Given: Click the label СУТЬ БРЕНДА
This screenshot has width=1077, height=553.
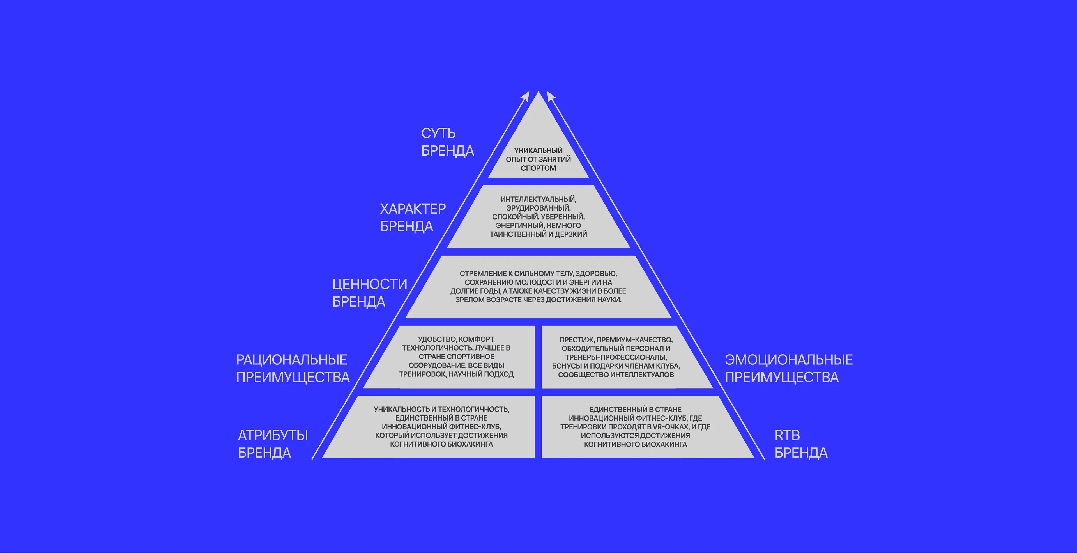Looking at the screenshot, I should [x=447, y=142].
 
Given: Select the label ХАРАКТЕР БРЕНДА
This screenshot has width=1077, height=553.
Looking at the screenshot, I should [x=413, y=217].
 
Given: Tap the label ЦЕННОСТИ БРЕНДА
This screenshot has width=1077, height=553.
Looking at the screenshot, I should [x=369, y=293].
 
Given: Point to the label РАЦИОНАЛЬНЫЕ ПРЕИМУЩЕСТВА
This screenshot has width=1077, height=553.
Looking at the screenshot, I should [x=292, y=368].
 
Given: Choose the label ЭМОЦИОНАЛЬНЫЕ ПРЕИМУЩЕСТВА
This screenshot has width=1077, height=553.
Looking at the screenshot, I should [x=788, y=368].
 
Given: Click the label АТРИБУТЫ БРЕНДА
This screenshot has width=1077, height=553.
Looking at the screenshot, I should [x=273, y=444].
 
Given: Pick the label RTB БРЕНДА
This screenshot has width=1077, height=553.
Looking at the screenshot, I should [x=801, y=444].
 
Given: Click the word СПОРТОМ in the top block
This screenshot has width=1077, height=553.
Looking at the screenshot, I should [x=538, y=168].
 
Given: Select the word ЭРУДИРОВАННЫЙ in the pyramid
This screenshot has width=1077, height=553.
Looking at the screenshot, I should [x=538, y=208].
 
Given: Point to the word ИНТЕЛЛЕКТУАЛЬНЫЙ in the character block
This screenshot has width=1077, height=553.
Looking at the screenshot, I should [x=538, y=200].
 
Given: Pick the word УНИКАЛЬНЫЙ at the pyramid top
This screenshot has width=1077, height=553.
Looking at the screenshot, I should [x=538, y=150].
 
